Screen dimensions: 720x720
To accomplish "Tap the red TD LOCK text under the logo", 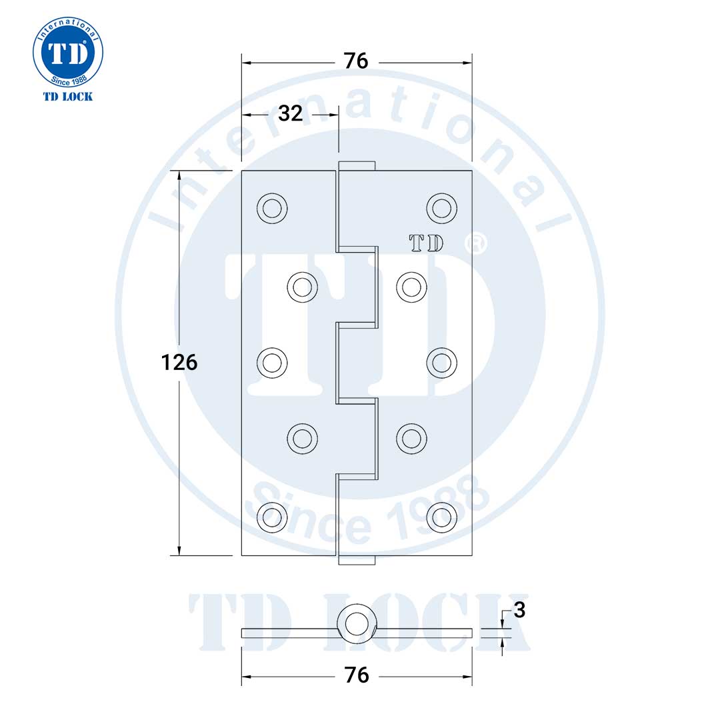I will [67, 97].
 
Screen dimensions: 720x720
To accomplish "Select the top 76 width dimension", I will [356, 61].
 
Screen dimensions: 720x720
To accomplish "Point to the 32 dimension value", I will [290, 113].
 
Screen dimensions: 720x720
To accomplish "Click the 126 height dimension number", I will [179, 363].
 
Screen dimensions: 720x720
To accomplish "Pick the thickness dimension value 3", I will [520, 610].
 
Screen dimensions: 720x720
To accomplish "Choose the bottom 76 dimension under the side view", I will [357, 675].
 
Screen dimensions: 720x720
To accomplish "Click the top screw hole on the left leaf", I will [271, 209].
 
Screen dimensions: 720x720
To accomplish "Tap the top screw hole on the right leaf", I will [441, 209].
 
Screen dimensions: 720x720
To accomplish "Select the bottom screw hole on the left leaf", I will [271, 515].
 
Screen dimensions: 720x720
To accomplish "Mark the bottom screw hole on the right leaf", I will [441, 515].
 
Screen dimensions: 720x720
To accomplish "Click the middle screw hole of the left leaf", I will [271, 363].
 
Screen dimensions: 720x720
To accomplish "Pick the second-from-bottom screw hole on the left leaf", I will [302, 439].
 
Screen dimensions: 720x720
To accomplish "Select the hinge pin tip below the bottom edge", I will [357, 560].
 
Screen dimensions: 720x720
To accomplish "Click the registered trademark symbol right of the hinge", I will [478, 244].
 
